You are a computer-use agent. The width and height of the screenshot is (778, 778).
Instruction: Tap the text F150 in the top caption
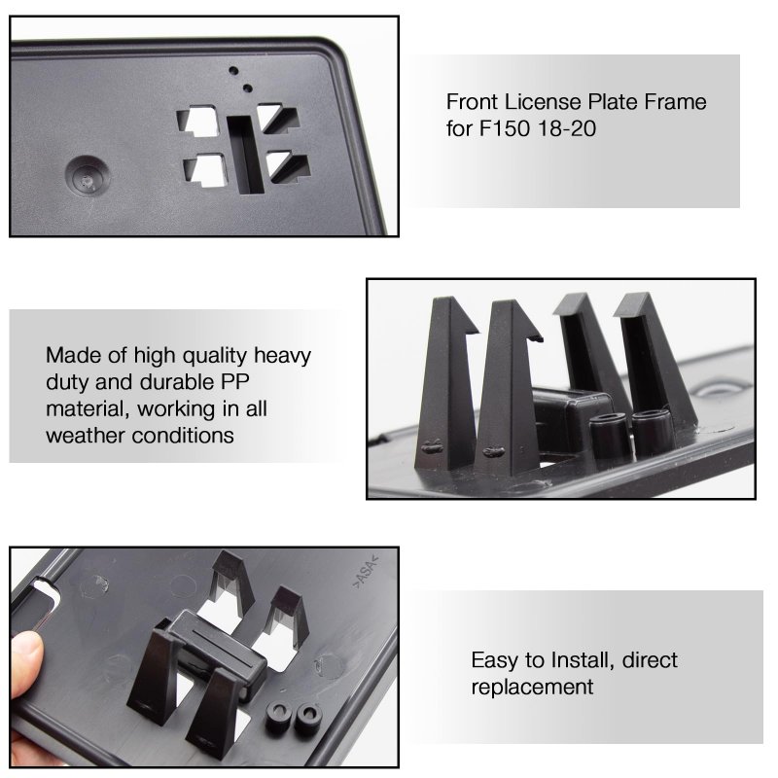point(505,128)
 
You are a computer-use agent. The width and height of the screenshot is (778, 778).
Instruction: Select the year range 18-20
point(567,128)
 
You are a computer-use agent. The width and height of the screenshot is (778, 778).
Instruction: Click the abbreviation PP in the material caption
point(234,382)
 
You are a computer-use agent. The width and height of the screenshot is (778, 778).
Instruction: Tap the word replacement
point(532,688)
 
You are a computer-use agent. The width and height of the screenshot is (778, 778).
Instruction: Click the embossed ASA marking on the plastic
point(366,573)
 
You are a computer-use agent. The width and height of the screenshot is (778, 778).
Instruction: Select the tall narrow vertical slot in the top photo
point(245,155)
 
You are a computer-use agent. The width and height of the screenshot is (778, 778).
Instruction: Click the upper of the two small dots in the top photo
point(233,70)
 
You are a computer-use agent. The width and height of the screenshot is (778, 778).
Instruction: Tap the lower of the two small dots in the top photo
point(247,88)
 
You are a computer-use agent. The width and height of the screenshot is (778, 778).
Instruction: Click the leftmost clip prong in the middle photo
point(444,383)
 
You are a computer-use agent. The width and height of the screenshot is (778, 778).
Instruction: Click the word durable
point(176,382)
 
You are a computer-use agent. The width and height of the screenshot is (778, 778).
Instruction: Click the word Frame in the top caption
point(675,102)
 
